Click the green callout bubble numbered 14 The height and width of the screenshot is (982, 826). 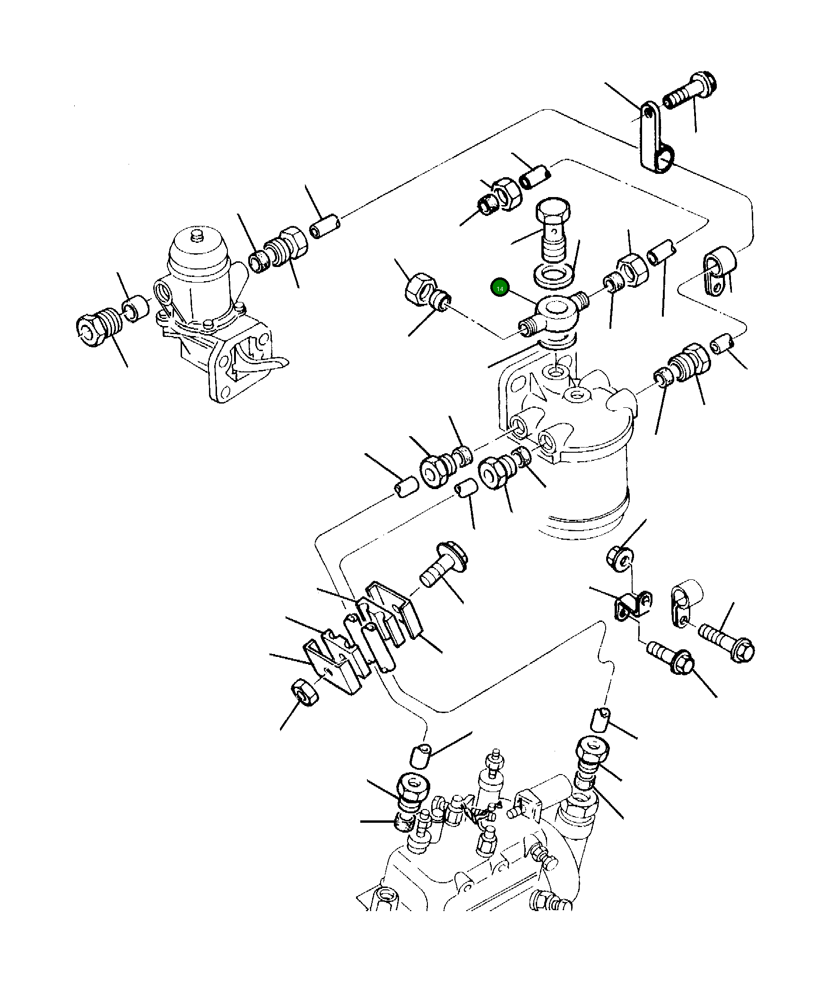coord(500,288)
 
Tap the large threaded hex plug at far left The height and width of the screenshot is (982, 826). coord(97,326)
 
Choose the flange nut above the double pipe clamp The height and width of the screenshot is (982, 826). coord(619,558)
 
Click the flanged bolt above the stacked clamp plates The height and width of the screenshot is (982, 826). coord(443,568)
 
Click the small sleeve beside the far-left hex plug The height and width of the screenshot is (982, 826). coord(136,309)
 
